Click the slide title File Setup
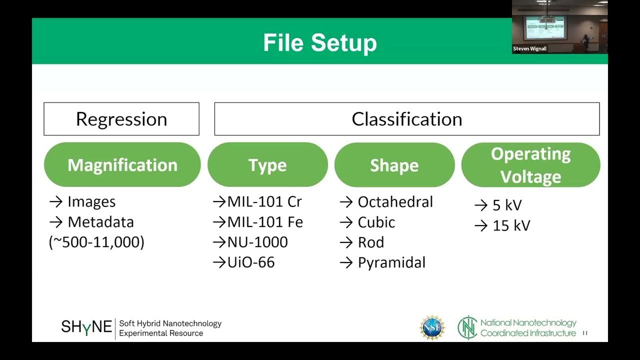[320, 42]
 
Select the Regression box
[121, 119]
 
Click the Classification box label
[406, 119]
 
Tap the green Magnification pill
[122, 165]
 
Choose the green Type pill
[267, 165]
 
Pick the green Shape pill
[394, 165]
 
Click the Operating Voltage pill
[530, 165]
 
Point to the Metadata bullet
[100, 222]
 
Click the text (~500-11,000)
[96, 242]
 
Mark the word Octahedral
[395, 202]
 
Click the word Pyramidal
[391, 262]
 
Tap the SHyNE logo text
[86, 327]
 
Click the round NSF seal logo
[432, 327]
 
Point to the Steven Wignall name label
[530, 49]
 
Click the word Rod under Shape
[370, 242]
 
